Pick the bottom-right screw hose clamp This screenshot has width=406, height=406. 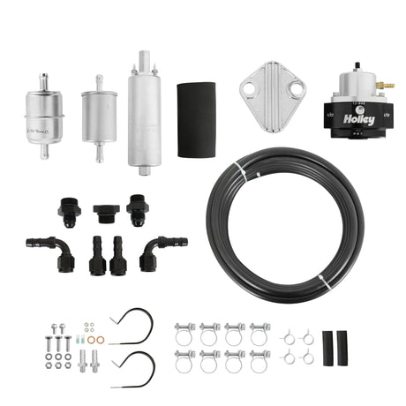click(259, 363)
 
